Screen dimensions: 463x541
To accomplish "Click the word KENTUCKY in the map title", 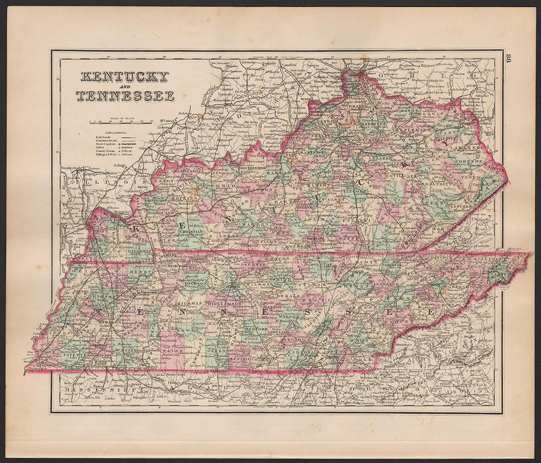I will (124, 77).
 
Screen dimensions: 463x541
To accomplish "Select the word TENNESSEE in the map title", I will (125, 96).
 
